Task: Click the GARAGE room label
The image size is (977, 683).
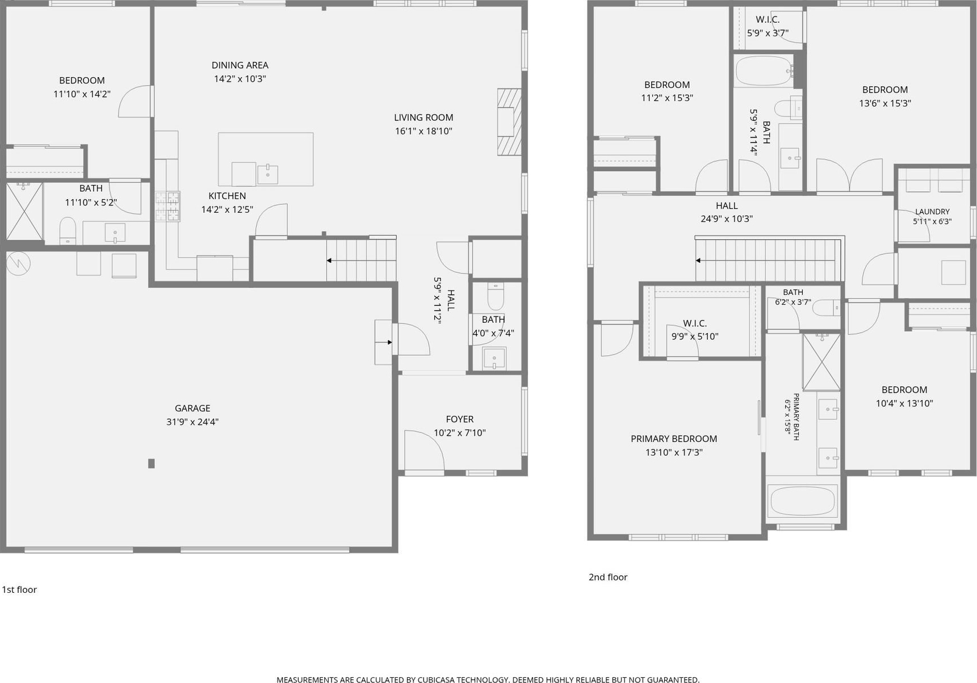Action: [x=192, y=408]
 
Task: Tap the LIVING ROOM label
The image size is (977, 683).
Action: [x=423, y=117]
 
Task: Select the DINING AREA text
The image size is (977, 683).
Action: [x=240, y=65]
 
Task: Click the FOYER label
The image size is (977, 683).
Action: [x=459, y=419]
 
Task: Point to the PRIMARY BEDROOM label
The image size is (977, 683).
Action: [x=674, y=439]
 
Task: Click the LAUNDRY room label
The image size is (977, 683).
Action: [x=932, y=212]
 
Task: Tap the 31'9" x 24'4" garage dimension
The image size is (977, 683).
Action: [x=192, y=422]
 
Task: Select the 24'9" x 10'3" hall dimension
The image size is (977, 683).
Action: [x=727, y=219]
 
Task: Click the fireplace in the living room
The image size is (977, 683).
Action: [x=509, y=121]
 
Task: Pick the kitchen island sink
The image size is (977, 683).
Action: [x=267, y=174]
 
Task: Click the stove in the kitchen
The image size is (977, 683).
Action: [x=168, y=206]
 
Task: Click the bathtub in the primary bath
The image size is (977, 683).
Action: [x=802, y=501]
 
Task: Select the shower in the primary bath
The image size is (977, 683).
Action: [x=821, y=362]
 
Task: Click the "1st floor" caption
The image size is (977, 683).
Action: [x=19, y=589]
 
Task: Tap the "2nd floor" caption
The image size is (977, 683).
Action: [x=608, y=577]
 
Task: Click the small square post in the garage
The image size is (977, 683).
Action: [x=151, y=463]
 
